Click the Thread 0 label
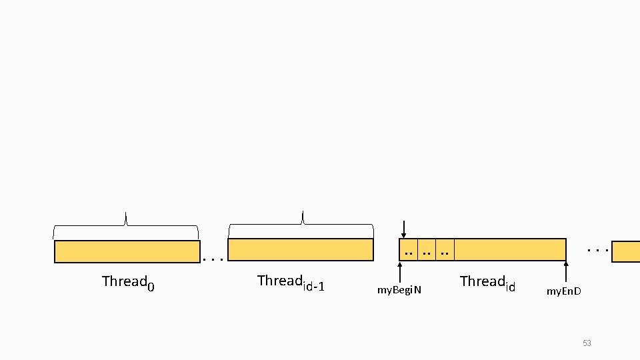coord(128,282)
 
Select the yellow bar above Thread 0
coord(127,251)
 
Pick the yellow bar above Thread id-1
coord(301,249)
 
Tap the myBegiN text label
coord(399,290)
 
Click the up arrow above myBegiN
coord(400,271)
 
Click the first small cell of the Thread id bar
coord(409,249)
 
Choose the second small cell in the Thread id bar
coord(427,249)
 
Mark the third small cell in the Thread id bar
coord(445,249)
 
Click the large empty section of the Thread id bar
coord(510,249)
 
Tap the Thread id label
coord(487,283)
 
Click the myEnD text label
coord(564,291)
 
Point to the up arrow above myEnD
coord(566,272)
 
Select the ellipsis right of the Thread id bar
coord(598,250)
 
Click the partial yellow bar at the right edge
coord(626,251)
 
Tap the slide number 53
coord(587,343)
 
